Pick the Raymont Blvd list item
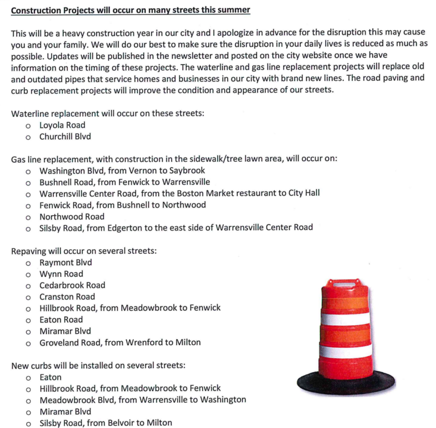tap(65, 262)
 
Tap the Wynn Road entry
tap(61, 274)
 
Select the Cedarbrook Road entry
tap(72, 285)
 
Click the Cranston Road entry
tap(67, 297)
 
